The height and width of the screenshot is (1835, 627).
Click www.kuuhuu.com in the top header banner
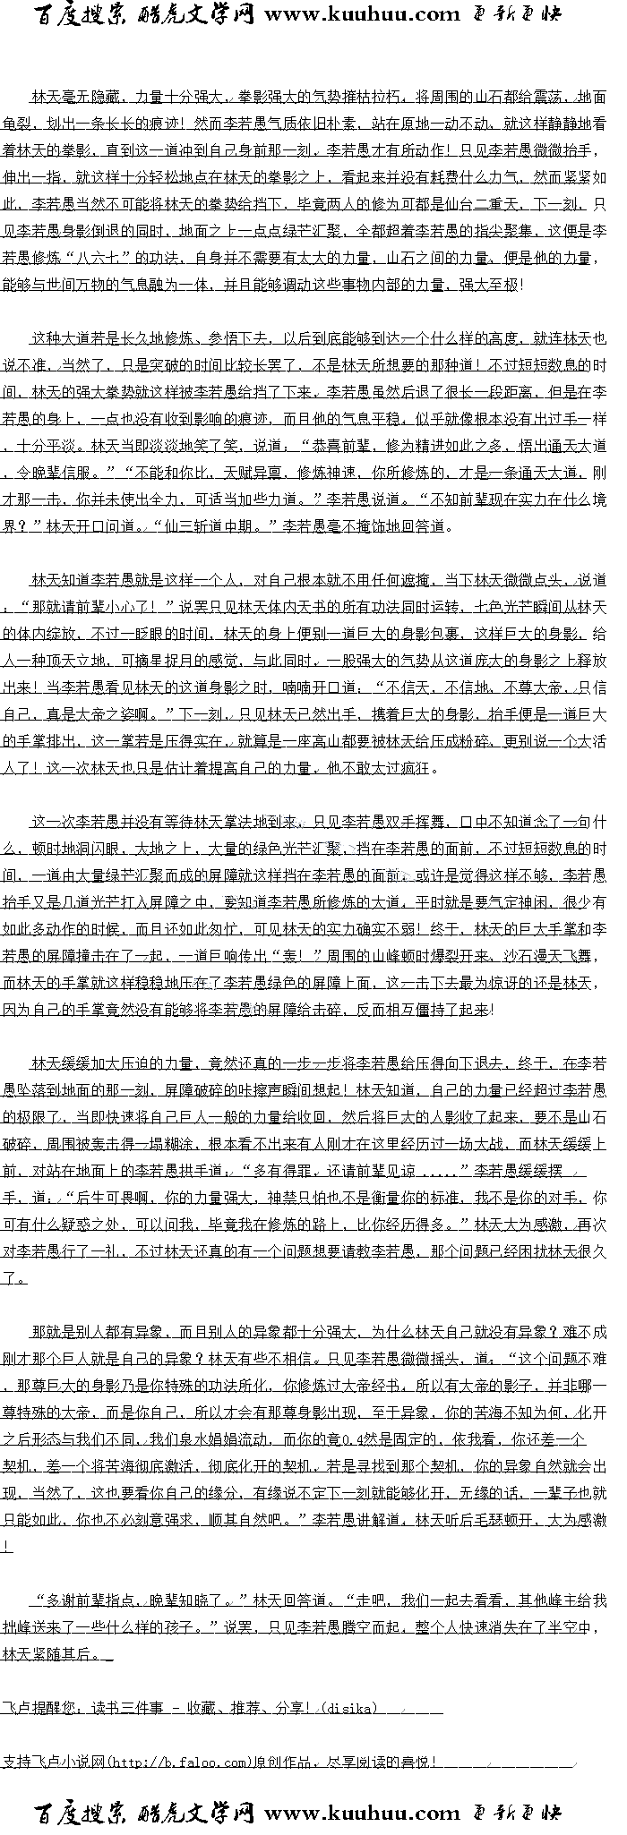[362, 14]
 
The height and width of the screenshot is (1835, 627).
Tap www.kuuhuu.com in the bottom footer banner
[362, 1814]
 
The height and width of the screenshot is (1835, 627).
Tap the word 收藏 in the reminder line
[200, 1709]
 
